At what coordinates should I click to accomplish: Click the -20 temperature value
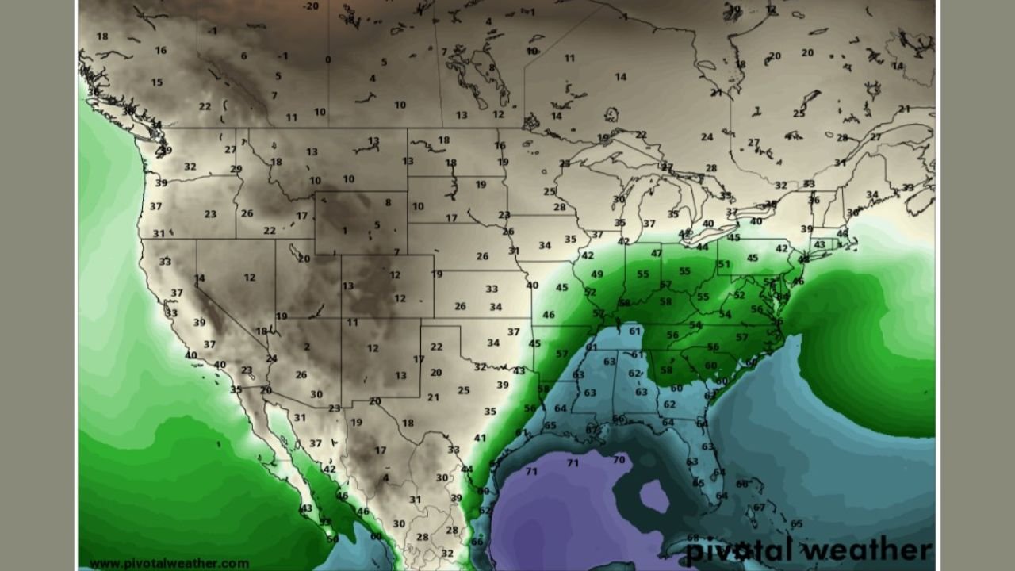[311, 6]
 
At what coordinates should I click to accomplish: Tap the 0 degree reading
[328, 59]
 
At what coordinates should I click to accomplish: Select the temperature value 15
[157, 82]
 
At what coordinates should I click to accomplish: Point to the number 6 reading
[243, 56]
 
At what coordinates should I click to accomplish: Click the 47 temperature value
[657, 253]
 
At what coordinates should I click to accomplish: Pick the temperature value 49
[597, 274]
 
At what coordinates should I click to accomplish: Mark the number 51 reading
[723, 265]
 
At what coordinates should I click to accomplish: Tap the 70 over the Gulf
[619, 459]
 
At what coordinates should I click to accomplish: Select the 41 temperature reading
[480, 438]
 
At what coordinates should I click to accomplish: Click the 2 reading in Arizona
[306, 347]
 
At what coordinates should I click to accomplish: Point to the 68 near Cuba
[693, 537]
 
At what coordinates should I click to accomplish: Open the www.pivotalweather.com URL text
[169, 564]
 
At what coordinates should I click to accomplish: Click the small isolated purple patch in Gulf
[654, 496]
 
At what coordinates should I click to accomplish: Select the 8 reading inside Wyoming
[388, 202]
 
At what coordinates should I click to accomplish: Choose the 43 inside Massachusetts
[820, 244]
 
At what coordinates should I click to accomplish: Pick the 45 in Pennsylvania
[753, 258]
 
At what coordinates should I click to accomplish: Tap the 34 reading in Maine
[872, 194]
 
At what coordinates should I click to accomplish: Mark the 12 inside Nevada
[250, 277]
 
